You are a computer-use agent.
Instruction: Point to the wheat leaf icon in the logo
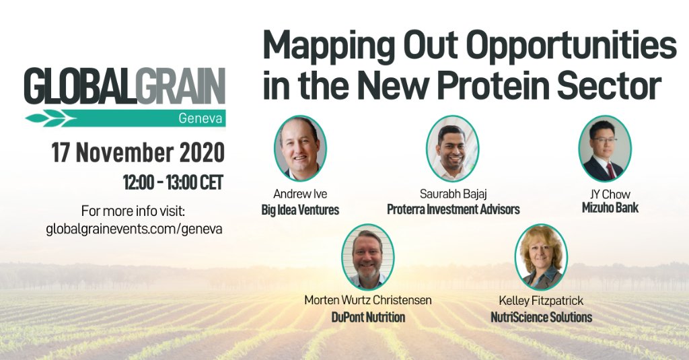(x=46, y=119)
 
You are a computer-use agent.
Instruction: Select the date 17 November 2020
(x=137, y=153)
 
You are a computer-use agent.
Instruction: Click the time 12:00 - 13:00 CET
(x=172, y=182)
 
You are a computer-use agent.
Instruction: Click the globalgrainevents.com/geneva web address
(x=134, y=228)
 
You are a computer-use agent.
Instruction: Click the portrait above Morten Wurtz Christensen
(x=367, y=256)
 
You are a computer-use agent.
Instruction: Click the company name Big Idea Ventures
(x=300, y=210)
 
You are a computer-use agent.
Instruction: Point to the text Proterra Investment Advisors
(x=453, y=210)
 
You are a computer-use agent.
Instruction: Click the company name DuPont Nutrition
(x=367, y=317)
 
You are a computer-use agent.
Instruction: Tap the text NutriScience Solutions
(x=541, y=317)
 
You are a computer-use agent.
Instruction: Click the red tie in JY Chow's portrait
(x=610, y=170)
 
